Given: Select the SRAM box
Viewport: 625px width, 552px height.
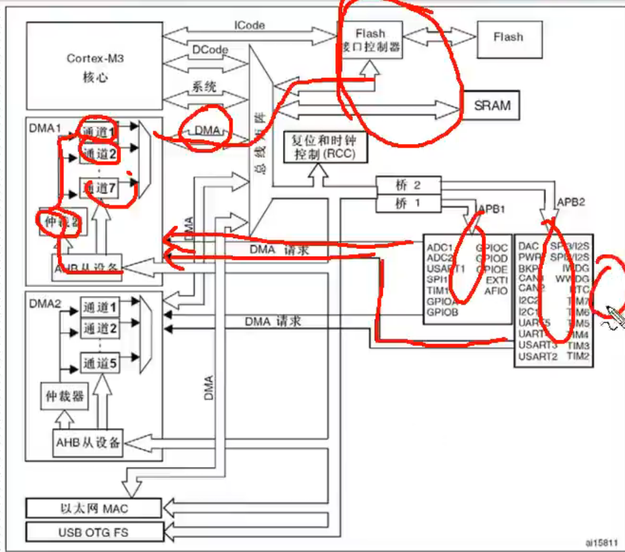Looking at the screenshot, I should click(492, 106).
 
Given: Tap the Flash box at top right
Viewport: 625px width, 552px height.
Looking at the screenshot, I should click(508, 37).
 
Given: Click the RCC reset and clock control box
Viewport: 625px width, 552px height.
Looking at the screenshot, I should click(325, 147).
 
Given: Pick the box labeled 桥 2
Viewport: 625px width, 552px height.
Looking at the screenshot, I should click(408, 185).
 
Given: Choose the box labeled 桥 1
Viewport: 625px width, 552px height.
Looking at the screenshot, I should click(408, 203).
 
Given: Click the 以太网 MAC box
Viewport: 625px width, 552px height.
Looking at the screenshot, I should click(94, 508).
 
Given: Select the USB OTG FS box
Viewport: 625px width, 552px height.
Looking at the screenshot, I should click(94, 532).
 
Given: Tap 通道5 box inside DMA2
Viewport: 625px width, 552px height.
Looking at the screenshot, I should click(100, 363).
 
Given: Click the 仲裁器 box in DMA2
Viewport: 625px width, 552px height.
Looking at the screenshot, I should click(64, 396).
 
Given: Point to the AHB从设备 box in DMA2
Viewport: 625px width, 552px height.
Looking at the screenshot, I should click(88, 442).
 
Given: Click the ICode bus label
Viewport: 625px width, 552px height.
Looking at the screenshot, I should click(250, 25).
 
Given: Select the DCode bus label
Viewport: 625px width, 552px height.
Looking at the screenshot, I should click(209, 50).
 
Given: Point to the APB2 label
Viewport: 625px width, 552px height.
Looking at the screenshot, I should click(571, 202).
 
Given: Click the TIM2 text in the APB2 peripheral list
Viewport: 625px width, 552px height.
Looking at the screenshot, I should click(579, 356).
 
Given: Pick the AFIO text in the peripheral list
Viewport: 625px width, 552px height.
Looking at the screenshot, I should click(496, 291).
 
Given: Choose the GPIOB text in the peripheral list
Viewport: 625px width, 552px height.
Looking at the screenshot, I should click(442, 312).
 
